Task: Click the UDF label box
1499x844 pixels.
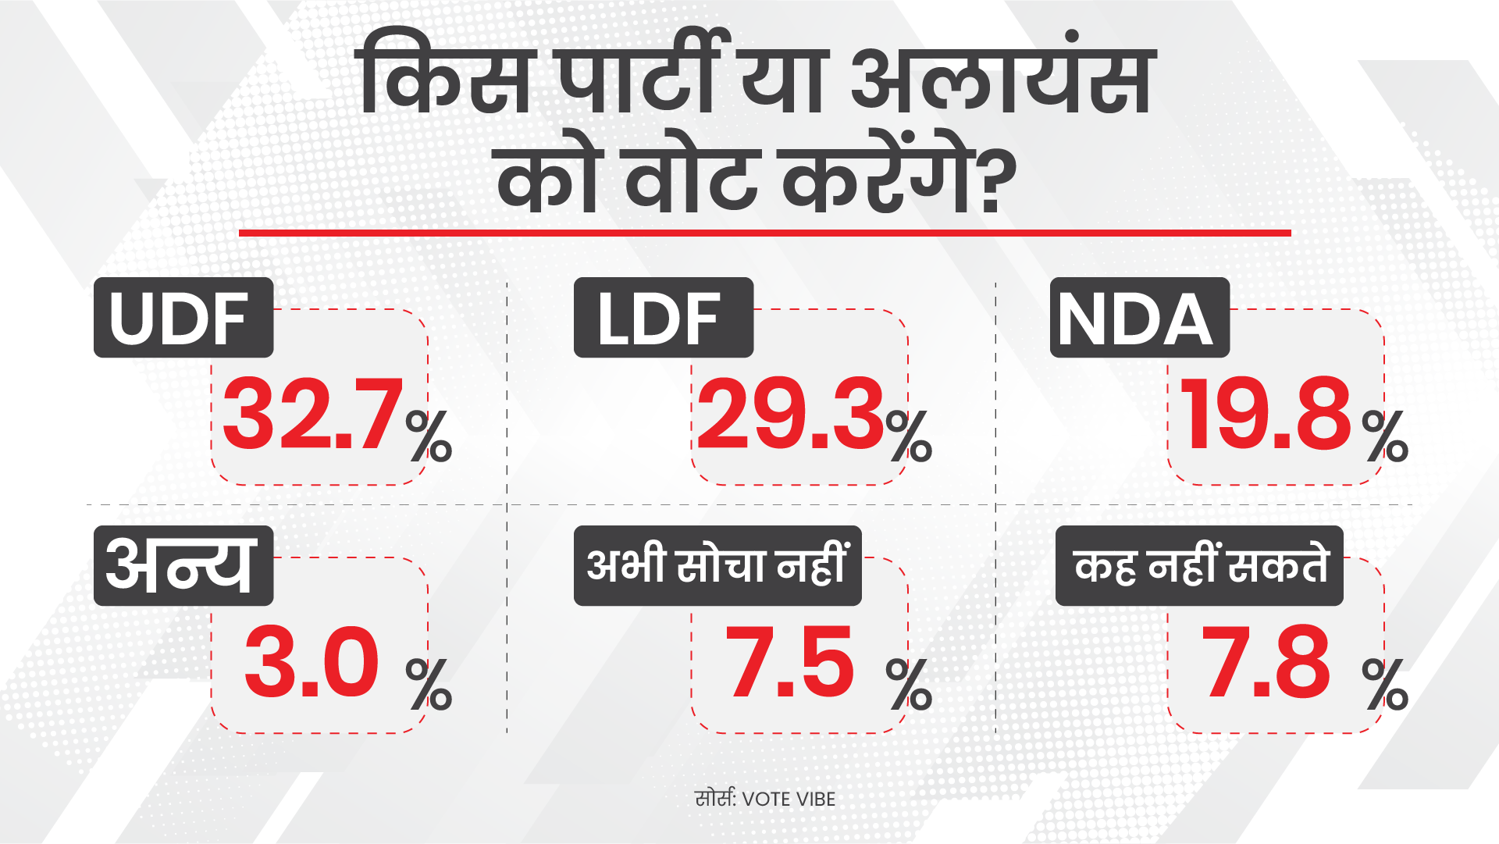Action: [x=183, y=318]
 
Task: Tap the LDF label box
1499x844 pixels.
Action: [x=663, y=318]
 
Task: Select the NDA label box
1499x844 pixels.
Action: [x=1139, y=318]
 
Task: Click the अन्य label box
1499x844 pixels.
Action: [x=183, y=565]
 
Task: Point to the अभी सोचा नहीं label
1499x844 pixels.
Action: [x=717, y=565]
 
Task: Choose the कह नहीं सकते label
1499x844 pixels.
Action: [x=1199, y=565]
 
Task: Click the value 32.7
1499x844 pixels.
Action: [x=313, y=414]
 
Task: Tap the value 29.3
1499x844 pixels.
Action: [x=790, y=414]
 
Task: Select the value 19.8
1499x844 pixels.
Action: [x=1266, y=414]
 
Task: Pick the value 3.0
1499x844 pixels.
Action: [x=312, y=663]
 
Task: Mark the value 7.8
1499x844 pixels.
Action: [x=1266, y=663]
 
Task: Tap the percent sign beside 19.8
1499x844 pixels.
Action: [x=1385, y=436]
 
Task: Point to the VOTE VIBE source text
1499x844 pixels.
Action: [x=789, y=799]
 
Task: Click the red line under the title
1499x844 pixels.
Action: [x=764, y=233]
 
